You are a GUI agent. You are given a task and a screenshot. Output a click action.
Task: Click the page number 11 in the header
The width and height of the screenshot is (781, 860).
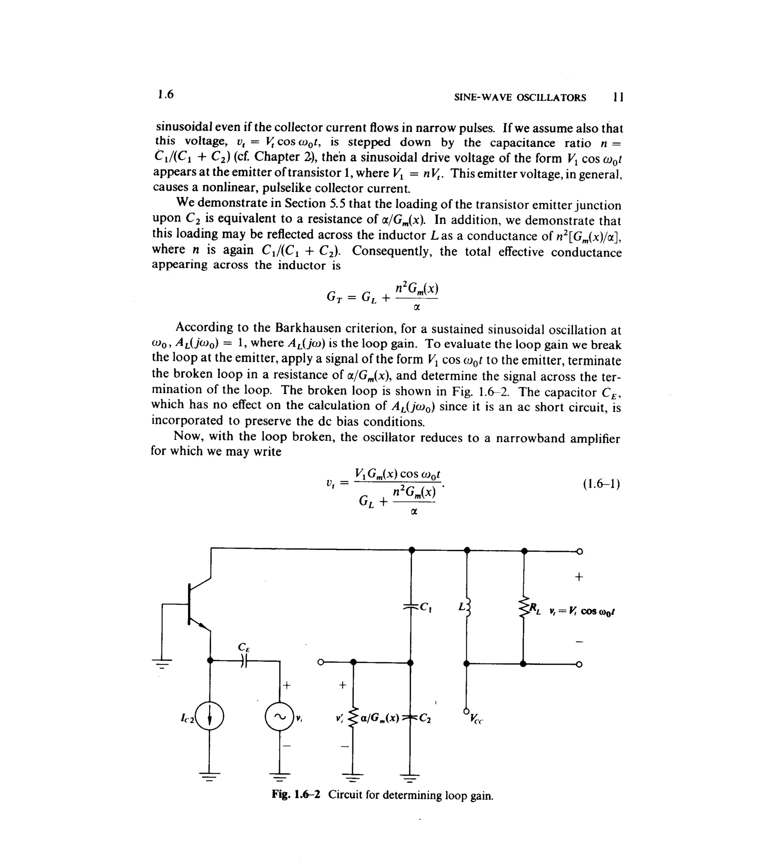point(618,97)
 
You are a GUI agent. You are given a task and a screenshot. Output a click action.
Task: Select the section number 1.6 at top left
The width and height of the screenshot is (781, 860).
point(166,94)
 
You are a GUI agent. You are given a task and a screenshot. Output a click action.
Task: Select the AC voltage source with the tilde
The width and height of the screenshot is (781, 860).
point(279,717)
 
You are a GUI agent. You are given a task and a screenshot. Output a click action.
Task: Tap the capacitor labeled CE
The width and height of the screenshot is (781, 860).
point(243,662)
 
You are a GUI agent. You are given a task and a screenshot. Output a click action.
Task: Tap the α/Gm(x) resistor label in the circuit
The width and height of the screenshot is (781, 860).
point(379,718)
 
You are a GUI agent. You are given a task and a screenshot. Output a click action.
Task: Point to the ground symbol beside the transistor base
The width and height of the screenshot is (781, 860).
point(162,662)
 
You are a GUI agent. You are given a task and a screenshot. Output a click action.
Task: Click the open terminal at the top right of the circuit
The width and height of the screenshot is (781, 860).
point(579,551)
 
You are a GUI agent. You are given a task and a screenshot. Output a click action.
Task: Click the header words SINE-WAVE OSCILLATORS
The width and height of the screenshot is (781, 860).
point(520,98)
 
